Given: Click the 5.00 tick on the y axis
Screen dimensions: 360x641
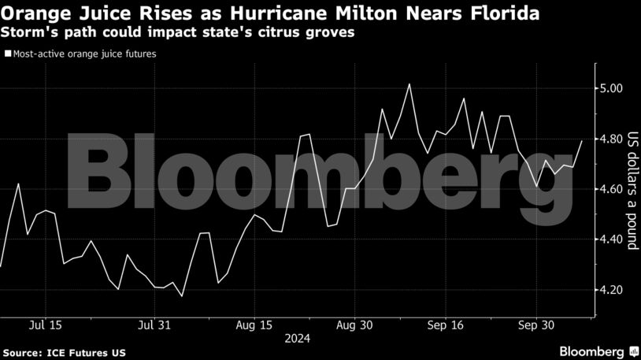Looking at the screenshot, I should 610,88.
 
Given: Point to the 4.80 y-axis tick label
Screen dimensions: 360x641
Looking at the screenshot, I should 610,139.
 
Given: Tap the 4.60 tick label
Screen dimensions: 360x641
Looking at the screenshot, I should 610,189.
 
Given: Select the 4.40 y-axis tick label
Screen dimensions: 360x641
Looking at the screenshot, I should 610,239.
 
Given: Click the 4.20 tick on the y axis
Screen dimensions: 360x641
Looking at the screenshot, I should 610,290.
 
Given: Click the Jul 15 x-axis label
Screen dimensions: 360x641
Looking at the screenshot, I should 44,325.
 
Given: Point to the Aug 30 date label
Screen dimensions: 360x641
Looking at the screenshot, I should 354,325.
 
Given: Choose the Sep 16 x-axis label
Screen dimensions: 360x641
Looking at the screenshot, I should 447,325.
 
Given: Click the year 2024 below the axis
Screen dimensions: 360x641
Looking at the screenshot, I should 297,339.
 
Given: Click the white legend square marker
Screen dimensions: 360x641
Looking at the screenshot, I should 8,54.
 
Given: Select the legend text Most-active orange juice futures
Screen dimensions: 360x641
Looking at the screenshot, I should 84,54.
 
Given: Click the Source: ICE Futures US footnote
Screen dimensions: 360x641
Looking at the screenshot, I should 64,352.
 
